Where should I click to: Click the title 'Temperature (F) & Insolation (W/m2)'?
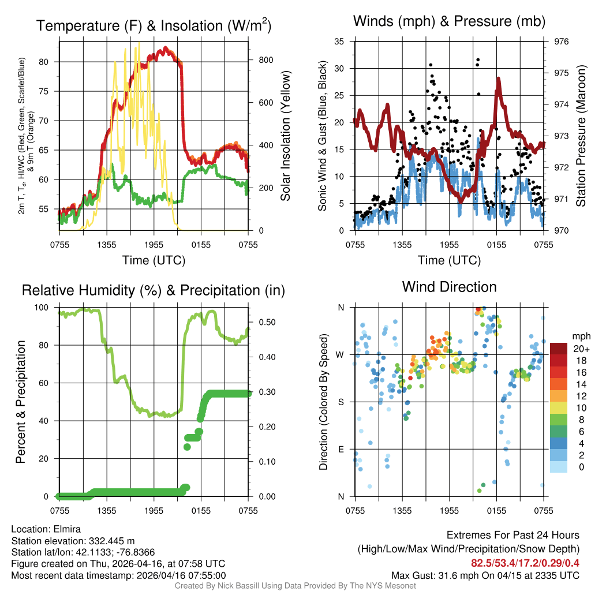pyautogui.click(x=154, y=25)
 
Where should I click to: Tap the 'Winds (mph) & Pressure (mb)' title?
pyautogui.click(x=450, y=21)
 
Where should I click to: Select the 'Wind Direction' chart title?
pyautogui.click(x=449, y=287)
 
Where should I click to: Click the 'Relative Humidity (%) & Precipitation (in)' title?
pyautogui.click(x=153, y=290)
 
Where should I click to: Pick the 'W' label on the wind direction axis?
pyautogui.click(x=341, y=354)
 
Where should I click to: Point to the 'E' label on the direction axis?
pyautogui.click(x=341, y=449)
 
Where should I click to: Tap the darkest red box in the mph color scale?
pyautogui.click(x=559, y=348)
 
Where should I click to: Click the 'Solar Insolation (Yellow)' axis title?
pyautogui.click(x=285, y=136)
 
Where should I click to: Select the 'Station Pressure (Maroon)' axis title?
pyautogui.click(x=581, y=136)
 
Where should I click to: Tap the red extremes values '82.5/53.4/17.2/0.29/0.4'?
pyautogui.click(x=525, y=563)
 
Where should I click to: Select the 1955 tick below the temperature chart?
pyautogui.click(x=154, y=245)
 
